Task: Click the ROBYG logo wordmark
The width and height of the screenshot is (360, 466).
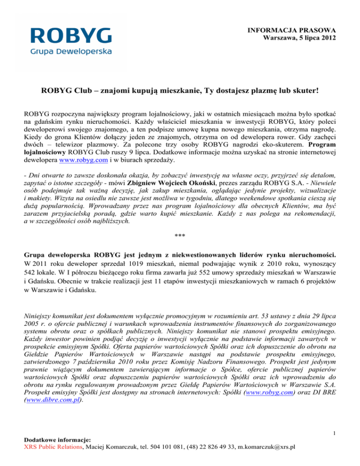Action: (71, 36)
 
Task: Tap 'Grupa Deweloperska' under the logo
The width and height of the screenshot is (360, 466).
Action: (71, 51)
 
